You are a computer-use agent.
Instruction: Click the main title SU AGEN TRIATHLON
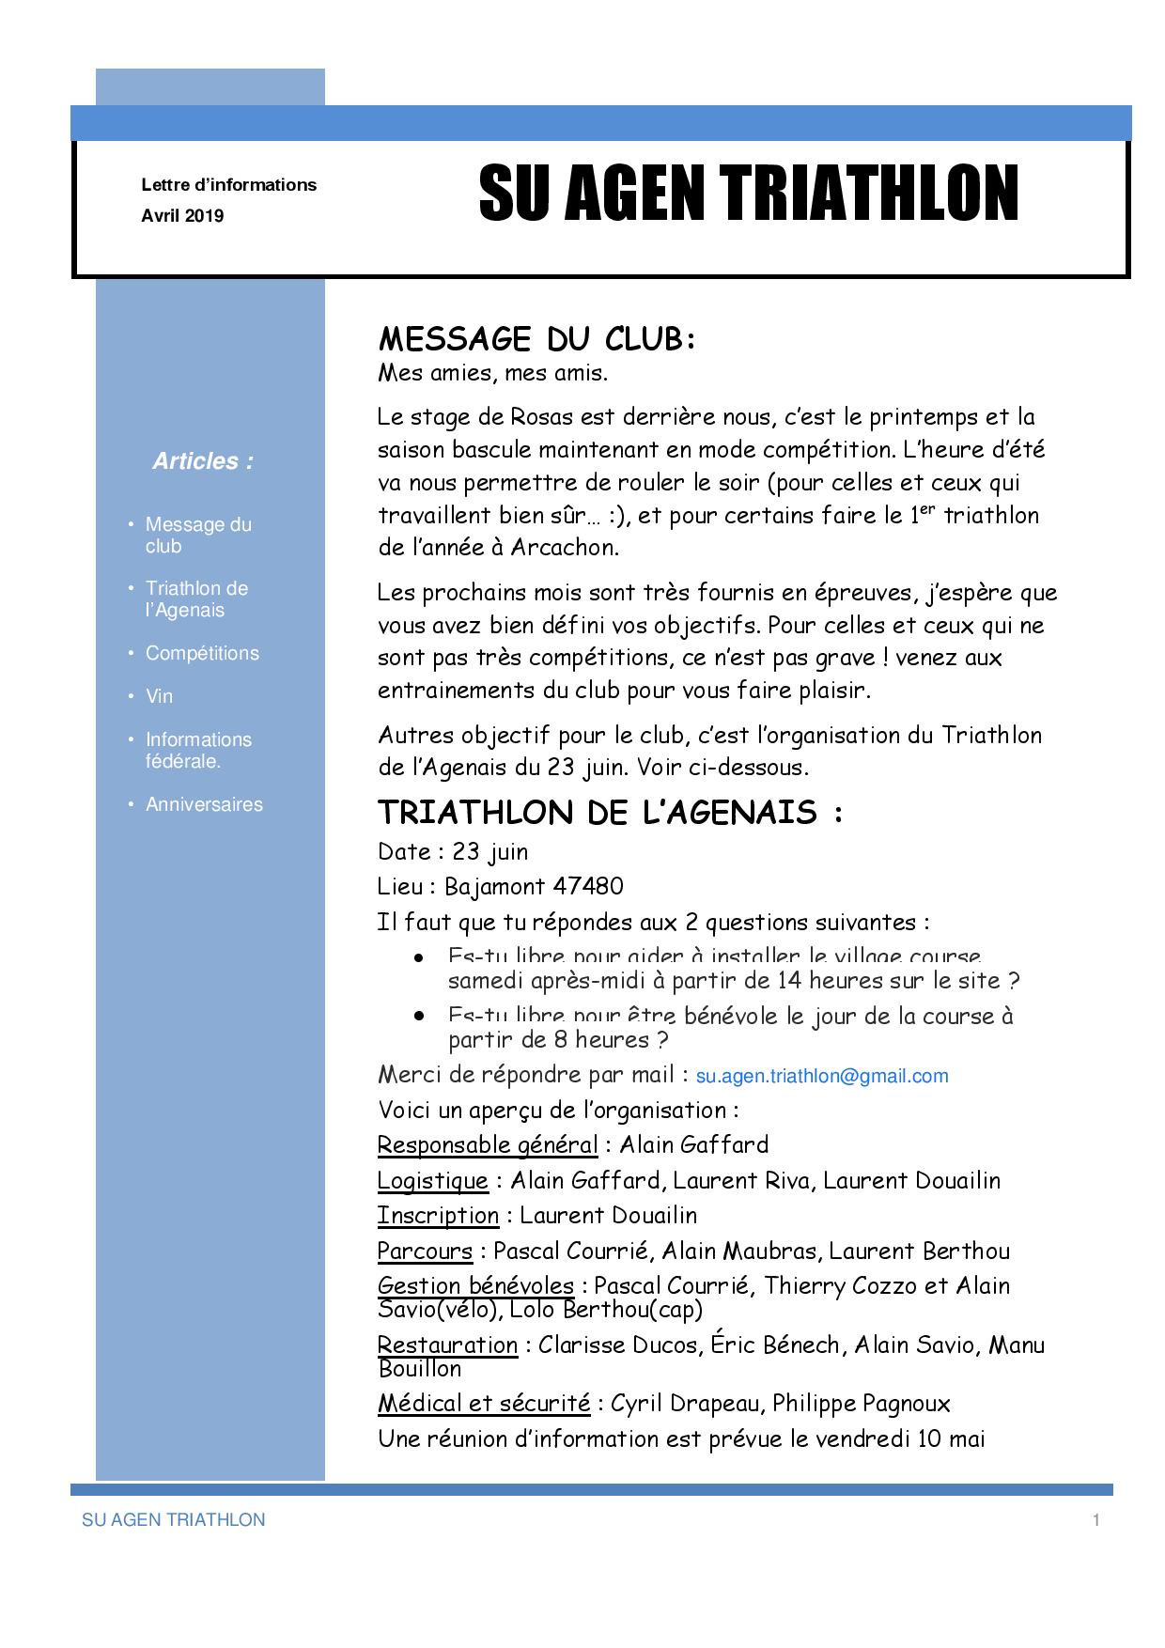pos(748,194)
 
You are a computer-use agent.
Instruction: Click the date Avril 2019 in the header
pos(182,216)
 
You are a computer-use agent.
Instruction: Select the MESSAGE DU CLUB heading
pos(536,338)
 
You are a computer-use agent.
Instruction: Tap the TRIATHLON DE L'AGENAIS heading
pos(610,812)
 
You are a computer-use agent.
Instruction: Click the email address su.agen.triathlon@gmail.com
pos(822,1077)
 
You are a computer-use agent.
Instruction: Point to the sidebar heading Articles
pos(203,461)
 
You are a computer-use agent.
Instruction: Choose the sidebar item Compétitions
pos(202,653)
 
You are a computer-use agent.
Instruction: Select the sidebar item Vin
pos(160,696)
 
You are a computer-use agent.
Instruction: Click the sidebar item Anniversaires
pos(204,804)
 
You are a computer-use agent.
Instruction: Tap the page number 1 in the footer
pos(1095,1520)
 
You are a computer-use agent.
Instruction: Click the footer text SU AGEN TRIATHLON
pos(174,1520)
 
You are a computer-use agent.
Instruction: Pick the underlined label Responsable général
pos(487,1145)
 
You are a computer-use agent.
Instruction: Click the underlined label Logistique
pos(432,1181)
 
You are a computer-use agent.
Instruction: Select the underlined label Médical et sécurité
pos(483,1404)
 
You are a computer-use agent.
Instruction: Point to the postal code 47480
pos(588,886)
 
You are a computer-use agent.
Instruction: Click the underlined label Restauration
pos(447,1345)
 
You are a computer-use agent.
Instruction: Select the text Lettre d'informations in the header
pos(228,185)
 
